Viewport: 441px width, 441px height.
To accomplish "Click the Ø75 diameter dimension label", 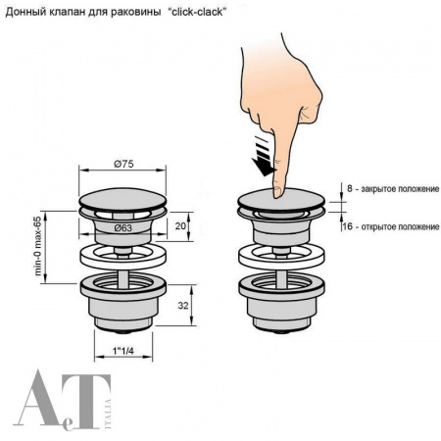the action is pyautogui.click(x=123, y=164).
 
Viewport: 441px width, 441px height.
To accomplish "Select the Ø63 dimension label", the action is pyautogui.click(x=123, y=228).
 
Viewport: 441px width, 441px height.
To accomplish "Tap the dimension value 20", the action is pyautogui.click(x=180, y=225).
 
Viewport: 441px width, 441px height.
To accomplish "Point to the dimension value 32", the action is pyautogui.click(x=183, y=305).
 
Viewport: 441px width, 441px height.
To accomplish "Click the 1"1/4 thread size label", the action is pyautogui.click(x=123, y=351).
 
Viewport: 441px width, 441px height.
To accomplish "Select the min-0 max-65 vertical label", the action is pyautogui.click(x=38, y=246).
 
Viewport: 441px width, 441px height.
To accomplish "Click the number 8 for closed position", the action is pyautogui.click(x=350, y=188).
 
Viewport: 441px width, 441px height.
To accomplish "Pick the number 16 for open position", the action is pyautogui.click(x=348, y=226).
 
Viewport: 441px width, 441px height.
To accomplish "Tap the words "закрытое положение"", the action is pyautogui.click(x=400, y=189).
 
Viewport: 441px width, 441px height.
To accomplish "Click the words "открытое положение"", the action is pyautogui.click(x=400, y=226).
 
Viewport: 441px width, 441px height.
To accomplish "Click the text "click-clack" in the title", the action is pyautogui.click(x=197, y=12).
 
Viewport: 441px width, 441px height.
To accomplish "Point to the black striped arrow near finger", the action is pyautogui.click(x=264, y=156).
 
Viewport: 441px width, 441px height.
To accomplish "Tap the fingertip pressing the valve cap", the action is pyautogui.click(x=278, y=192).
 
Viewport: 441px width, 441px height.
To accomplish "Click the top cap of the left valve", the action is pyautogui.click(x=122, y=199).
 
